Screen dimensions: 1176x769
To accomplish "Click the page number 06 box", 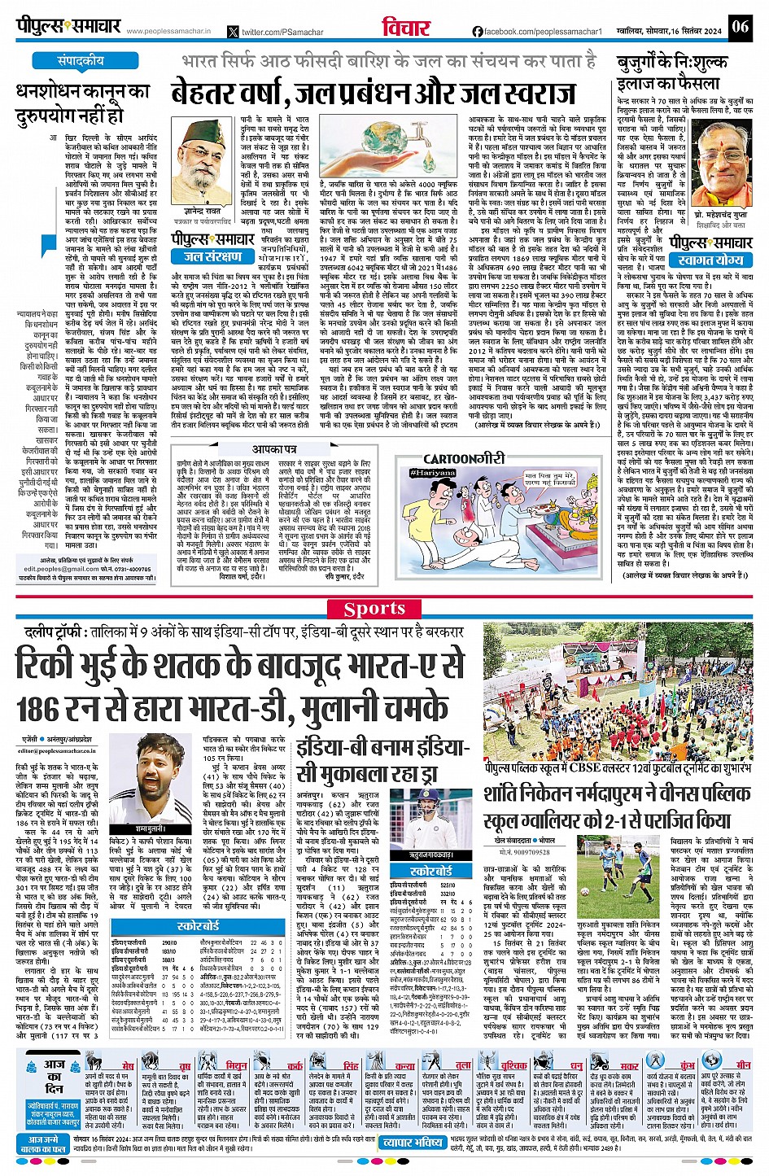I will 740,26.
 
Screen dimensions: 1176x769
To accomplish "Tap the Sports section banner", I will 374,609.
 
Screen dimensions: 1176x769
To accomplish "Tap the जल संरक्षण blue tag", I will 207,256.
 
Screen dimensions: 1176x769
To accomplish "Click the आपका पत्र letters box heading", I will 273,449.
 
